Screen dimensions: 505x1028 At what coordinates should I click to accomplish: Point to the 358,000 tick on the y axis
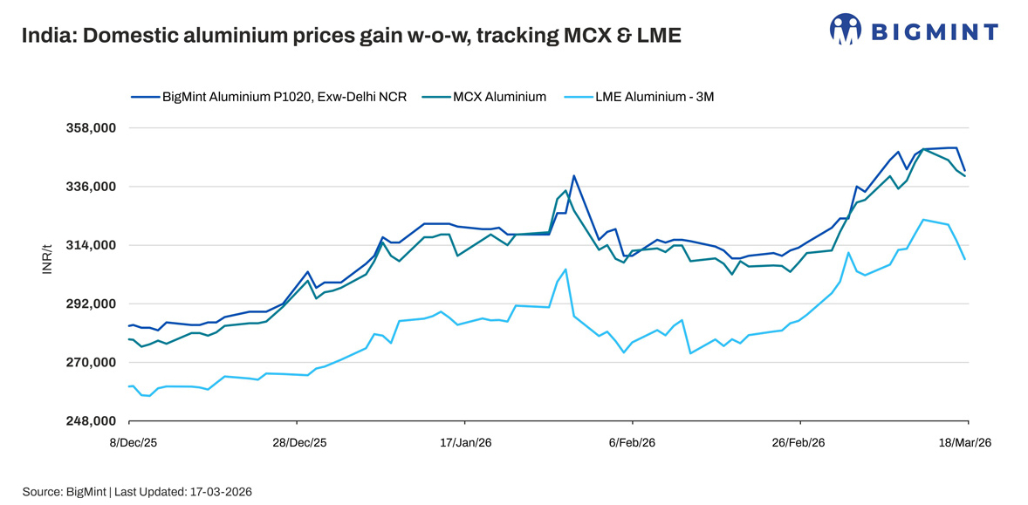[91, 128]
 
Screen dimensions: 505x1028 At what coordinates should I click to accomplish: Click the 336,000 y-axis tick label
[91, 187]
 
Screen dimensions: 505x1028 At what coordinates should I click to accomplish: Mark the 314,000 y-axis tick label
[91, 245]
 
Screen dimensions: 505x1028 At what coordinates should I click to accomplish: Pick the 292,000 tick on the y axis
[91, 304]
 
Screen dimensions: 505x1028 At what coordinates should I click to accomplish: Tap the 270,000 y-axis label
[91, 362]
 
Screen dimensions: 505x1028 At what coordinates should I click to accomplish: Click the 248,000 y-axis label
[91, 421]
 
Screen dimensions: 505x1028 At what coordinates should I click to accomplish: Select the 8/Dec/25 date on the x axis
[133, 443]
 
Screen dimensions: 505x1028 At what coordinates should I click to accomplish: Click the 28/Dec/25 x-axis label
[299, 443]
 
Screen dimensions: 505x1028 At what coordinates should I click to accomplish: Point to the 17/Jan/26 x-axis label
[466, 443]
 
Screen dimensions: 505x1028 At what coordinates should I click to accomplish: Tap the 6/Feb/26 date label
[633, 443]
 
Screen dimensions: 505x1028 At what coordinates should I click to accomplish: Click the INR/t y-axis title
[48, 260]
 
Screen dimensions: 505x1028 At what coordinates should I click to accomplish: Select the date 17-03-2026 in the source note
[220, 492]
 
